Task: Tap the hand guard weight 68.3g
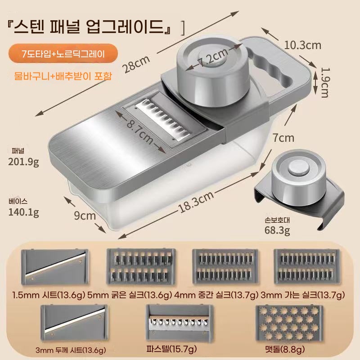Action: pos(277,231)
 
